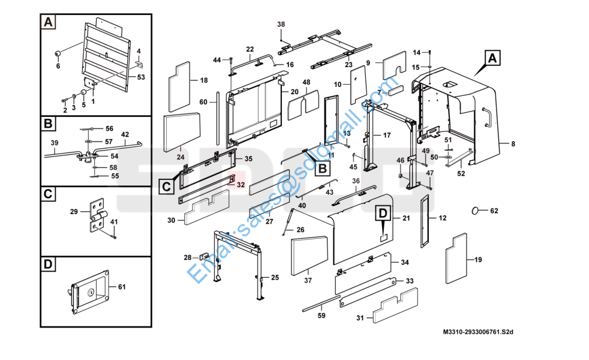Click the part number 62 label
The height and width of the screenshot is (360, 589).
coord(494,211)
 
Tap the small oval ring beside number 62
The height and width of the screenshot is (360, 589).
coord(477,211)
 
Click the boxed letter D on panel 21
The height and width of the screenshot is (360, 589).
coord(383,212)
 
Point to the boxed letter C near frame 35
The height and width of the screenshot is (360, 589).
coord(166,186)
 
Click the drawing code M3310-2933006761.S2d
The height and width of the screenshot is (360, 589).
coord(479,331)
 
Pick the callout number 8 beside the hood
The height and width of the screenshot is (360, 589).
coord(513,143)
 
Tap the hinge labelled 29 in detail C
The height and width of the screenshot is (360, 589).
coord(97,215)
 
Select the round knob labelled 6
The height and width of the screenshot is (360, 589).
coord(59,54)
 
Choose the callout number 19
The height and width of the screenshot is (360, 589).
coord(478,259)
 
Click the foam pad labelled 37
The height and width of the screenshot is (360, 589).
coord(309,254)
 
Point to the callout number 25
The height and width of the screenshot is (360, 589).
coord(275,277)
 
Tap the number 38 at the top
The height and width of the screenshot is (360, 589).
coord(281,24)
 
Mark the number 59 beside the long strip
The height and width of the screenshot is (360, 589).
coord(321,316)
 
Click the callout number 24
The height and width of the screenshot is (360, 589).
coord(180,157)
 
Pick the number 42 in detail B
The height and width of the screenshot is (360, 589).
coord(125,134)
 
